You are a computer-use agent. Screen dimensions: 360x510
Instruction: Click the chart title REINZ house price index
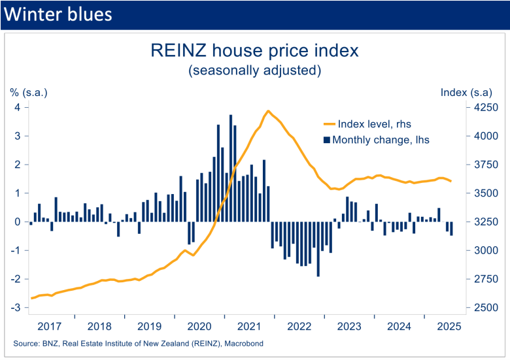(x=254, y=50)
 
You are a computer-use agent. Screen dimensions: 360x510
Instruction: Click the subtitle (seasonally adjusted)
(x=254, y=70)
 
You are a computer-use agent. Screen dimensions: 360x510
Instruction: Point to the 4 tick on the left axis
(x=18, y=107)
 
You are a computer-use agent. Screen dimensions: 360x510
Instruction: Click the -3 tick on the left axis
(x=16, y=308)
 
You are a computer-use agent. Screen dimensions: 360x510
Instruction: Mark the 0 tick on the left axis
(x=18, y=222)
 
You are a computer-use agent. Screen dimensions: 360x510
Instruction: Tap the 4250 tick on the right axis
(x=485, y=107)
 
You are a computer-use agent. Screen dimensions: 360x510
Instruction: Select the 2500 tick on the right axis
(x=485, y=308)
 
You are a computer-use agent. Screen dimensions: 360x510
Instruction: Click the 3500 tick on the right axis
(x=485, y=193)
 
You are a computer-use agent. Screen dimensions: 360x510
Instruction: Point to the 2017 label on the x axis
(x=50, y=326)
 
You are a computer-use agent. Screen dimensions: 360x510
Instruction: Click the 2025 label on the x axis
(x=447, y=326)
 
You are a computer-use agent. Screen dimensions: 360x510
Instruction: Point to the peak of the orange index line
(x=268, y=111)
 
